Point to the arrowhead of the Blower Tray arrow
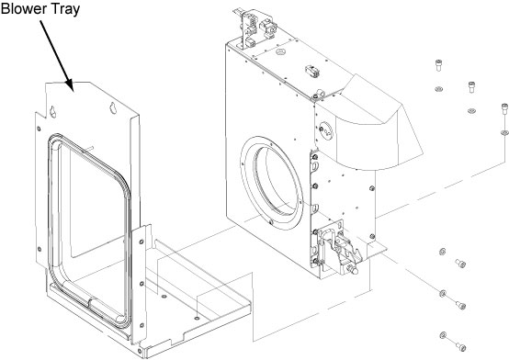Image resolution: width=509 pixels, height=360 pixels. (x=69, y=85)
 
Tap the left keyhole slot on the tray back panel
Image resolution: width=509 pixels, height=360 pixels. (x=53, y=111)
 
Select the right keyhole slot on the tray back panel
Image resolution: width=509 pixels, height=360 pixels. (x=113, y=107)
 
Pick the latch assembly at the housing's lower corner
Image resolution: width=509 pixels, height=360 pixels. (x=338, y=247)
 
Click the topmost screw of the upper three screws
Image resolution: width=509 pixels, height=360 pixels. (x=438, y=65)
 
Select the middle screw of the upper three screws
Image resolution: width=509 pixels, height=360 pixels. (x=472, y=87)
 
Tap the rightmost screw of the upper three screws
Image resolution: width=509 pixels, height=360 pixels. (x=504, y=108)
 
